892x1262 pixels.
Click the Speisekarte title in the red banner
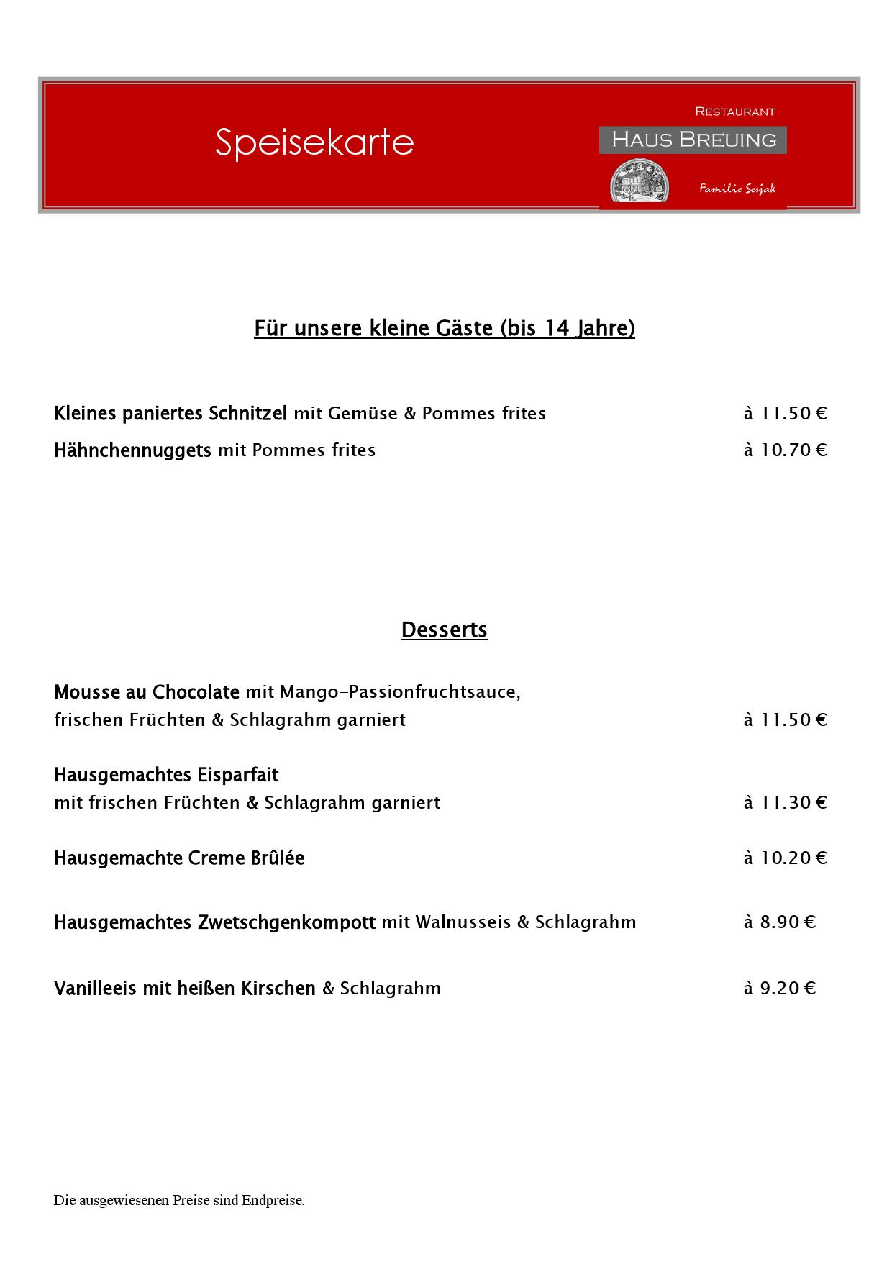pyautogui.click(x=314, y=142)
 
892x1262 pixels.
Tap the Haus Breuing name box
pyautogui.click(x=693, y=140)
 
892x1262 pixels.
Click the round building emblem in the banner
pyautogui.click(x=639, y=183)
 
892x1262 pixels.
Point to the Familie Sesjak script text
pyautogui.click(x=737, y=189)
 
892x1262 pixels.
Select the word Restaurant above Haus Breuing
pyautogui.click(x=734, y=112)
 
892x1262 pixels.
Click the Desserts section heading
pyautogui.click(x=445, y=630)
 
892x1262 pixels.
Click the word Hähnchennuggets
pyautogui.click(x=132, y=450)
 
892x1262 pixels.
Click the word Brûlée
pyautogui.click(x=277, y=858)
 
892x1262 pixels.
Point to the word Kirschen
pyautogui.click(x=278, y=988)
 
